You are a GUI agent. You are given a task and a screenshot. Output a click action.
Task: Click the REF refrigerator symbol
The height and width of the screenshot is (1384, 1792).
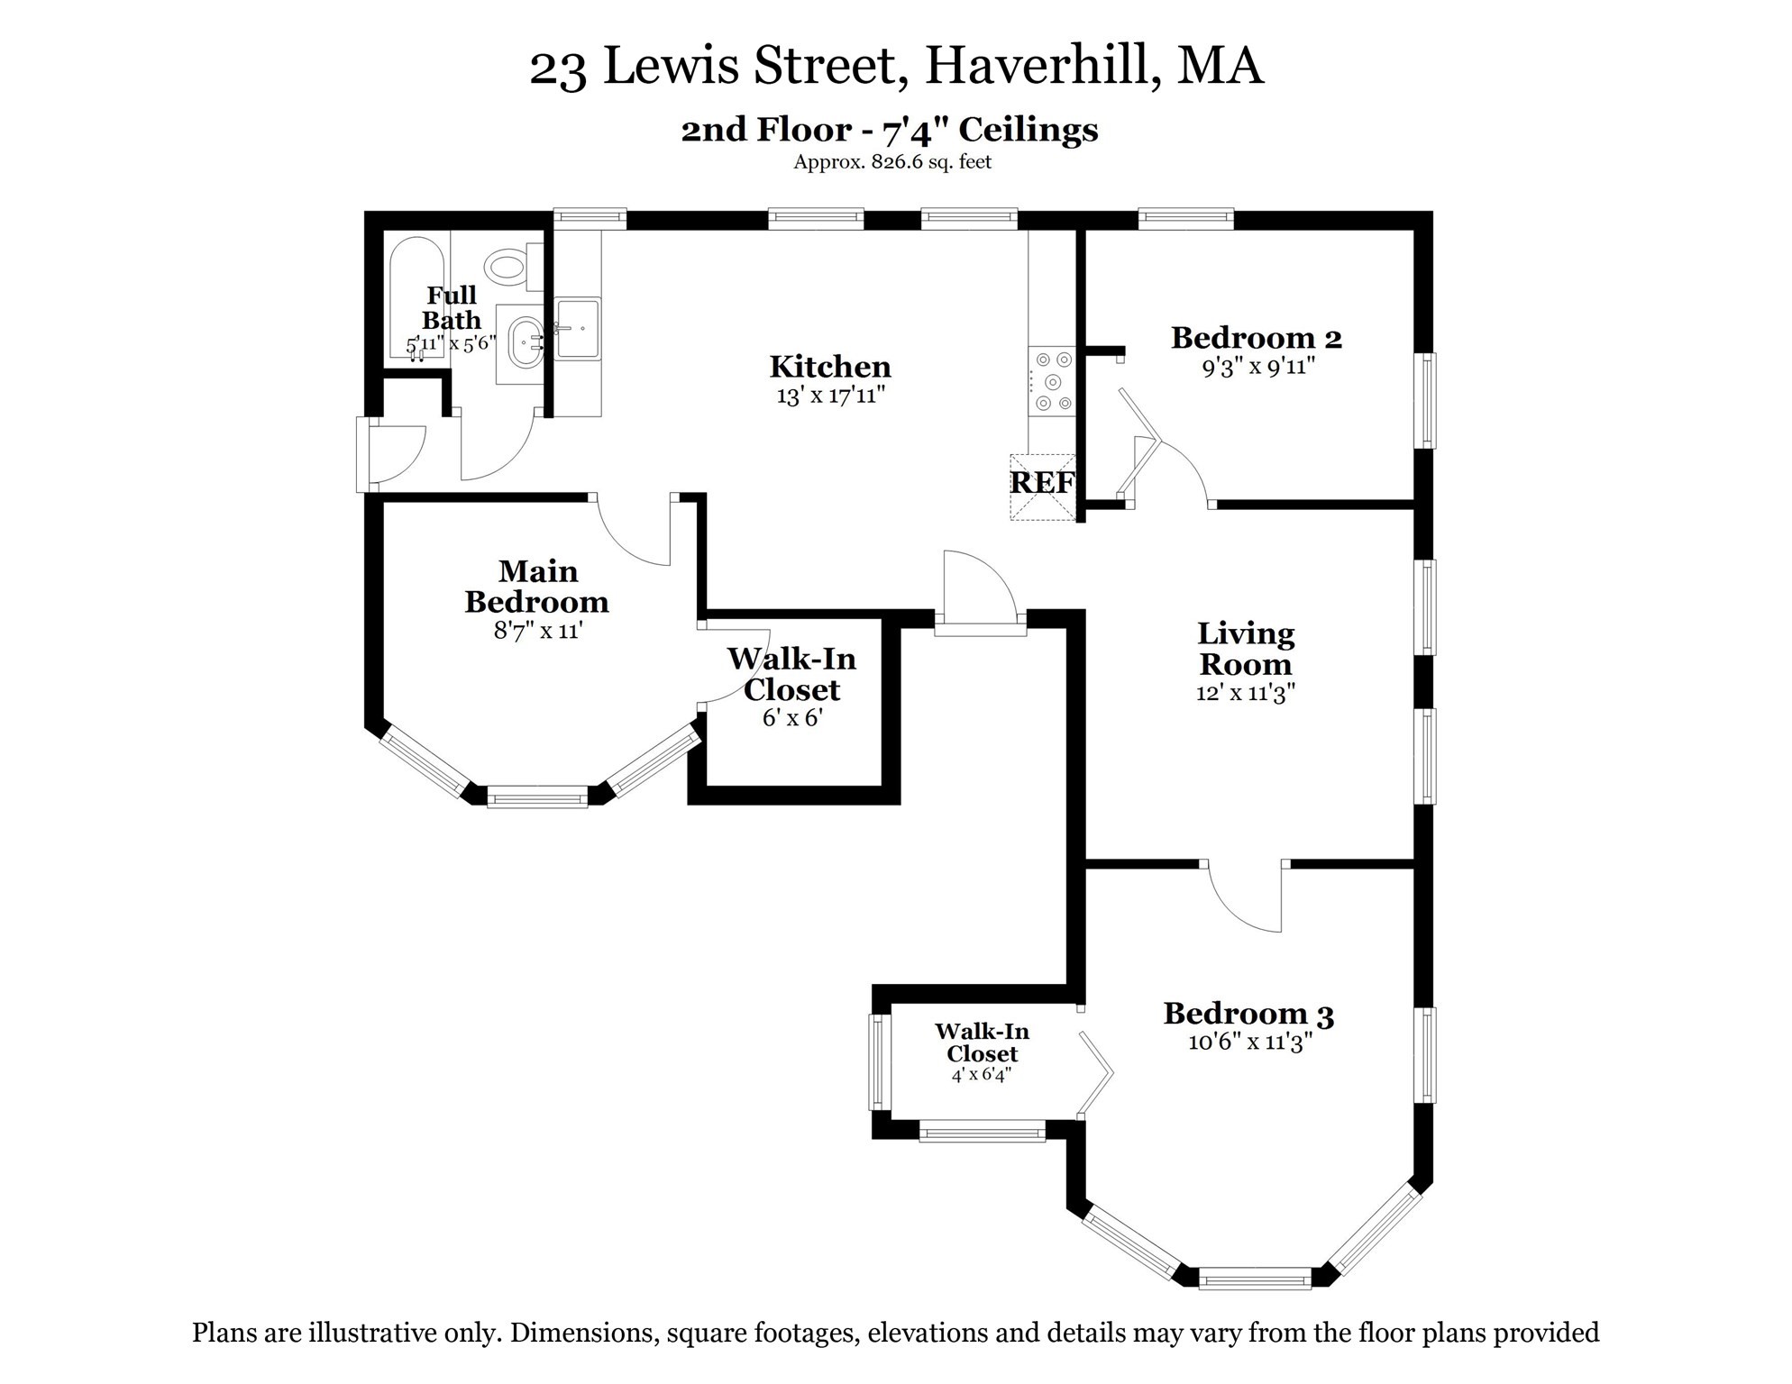(1042, 484)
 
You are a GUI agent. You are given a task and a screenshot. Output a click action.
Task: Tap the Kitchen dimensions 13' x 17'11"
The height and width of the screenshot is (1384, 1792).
(830, 396)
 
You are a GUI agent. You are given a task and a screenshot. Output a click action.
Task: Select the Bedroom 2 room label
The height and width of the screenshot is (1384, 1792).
(1256, 339)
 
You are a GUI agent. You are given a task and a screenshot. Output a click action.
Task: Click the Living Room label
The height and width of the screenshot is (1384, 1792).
(1246, 649)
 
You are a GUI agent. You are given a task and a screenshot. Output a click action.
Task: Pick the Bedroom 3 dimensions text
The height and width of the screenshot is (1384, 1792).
(1249, 1043)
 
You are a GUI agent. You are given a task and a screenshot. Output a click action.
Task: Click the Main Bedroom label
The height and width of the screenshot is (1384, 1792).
(537, 587)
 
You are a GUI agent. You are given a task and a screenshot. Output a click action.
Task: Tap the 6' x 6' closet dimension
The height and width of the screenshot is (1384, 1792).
(792, 719)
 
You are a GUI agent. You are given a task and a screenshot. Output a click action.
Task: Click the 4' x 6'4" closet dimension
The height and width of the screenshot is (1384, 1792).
(981, 1075)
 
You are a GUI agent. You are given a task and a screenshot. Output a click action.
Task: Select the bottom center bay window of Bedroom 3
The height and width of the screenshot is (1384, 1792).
(1255, 1278)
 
